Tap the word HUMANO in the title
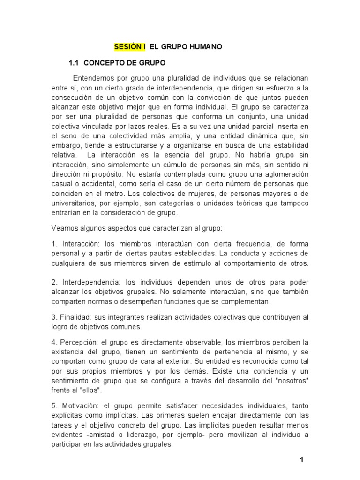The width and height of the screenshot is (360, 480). [203, 47]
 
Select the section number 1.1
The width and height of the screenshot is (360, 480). [75, 62]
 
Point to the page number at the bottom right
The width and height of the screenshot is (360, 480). [302, 460]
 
